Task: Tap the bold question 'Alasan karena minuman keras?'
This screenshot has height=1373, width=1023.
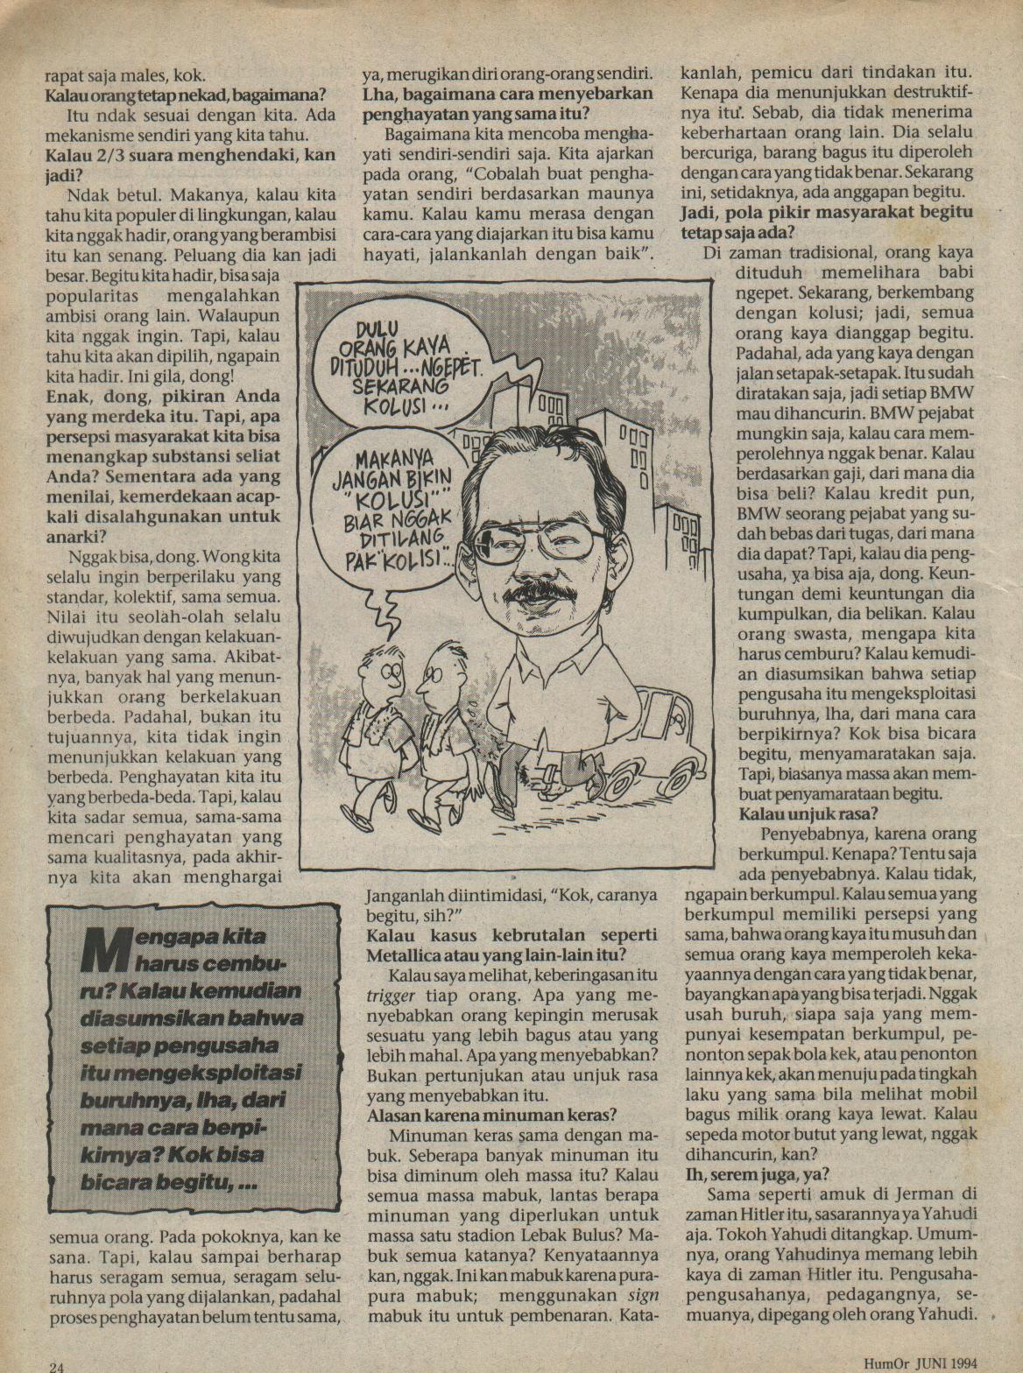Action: point(492,1115)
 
